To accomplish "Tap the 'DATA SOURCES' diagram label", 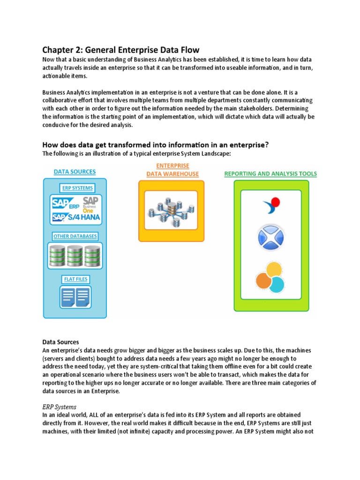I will coord(75,172).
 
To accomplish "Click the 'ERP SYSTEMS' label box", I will coord(77,188).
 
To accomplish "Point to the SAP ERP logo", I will coord(66,204).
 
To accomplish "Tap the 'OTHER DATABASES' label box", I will coord(75,236).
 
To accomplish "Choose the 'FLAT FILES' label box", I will coord(75,279).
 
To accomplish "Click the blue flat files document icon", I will coord(75,297).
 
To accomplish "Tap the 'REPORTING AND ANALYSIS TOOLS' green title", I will coord(270,173).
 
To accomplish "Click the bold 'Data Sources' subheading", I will coord(60,342).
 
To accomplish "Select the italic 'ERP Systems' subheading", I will coord(59,407).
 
